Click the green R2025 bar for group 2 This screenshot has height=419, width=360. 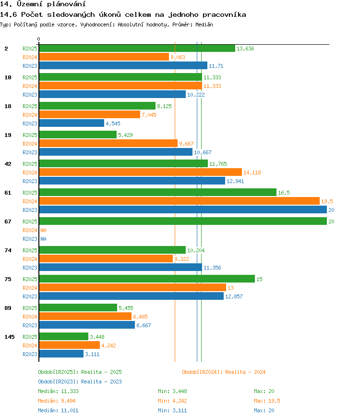tap(137, 49)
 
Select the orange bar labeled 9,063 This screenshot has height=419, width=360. tap(104, 57)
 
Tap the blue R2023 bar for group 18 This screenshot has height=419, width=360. tap(72, 123)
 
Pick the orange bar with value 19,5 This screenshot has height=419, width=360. tap(180, 201)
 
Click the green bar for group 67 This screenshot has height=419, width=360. tap(183, 221)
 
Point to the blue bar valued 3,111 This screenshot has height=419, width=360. tap(61, 354)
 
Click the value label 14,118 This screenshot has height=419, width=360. tap(252, 173)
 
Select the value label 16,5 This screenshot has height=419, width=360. tap(284, 193)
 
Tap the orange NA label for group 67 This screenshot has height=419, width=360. tap(43, 230)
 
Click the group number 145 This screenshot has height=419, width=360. tap(9, 337)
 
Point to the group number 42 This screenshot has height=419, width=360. tap(8, 164)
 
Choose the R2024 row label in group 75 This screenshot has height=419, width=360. tap(30, 288)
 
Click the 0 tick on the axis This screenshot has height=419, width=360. tap(39, 39)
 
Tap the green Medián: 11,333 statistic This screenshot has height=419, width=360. tap(58, 391)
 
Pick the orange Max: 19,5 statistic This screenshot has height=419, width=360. tap(267, 401)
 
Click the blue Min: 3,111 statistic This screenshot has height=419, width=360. tap(172, 410)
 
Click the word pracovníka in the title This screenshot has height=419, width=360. tap(224, 15)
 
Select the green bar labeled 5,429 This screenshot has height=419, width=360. tap(78, 135)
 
